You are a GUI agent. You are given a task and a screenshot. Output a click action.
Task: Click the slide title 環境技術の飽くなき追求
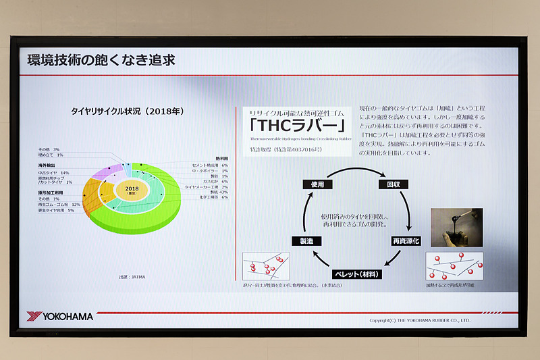101,60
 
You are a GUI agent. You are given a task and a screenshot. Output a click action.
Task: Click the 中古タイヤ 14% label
53,172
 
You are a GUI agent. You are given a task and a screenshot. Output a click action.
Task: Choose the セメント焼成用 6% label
210,165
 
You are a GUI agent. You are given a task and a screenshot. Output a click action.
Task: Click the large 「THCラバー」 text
298,126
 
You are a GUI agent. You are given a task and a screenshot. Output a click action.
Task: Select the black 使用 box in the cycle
317,183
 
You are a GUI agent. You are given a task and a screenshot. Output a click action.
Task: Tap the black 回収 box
393,183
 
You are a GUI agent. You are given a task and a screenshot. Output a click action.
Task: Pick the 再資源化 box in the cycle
406,240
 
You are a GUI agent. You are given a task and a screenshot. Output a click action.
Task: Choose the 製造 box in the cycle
301,240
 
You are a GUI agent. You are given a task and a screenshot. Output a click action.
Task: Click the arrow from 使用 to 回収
355,171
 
